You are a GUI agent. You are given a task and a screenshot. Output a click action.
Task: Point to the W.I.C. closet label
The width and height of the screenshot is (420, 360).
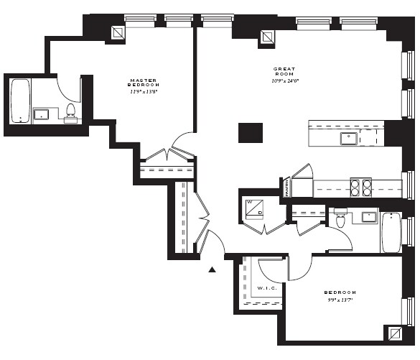263,289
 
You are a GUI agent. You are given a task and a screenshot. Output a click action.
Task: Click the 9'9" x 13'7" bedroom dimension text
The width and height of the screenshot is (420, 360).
340,300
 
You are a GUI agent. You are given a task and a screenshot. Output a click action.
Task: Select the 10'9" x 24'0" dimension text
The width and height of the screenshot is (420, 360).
285,80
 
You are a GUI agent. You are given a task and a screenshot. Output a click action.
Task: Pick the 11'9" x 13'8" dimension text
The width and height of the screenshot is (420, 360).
144,92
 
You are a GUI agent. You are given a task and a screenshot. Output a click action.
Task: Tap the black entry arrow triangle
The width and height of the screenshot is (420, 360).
212,269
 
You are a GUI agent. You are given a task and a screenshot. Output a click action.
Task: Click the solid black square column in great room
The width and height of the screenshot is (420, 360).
251,133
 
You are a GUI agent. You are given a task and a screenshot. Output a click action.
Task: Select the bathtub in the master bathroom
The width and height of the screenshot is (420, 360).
20,101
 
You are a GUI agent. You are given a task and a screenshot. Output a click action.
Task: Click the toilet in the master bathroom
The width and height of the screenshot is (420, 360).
71,113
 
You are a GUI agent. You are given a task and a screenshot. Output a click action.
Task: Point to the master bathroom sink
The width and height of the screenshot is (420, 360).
40,114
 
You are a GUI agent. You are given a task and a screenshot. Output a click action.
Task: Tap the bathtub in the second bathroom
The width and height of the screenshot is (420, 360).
391,231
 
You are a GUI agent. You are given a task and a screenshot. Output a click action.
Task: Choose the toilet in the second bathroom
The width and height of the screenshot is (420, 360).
340,217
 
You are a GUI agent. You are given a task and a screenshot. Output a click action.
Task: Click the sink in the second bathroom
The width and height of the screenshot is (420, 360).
369,216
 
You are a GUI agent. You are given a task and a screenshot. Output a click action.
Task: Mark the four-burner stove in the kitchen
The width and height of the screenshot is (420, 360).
360,187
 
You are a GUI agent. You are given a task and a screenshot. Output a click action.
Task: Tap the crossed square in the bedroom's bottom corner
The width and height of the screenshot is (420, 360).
393,333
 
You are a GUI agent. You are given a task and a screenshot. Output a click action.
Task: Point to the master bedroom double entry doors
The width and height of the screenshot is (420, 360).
167,153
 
